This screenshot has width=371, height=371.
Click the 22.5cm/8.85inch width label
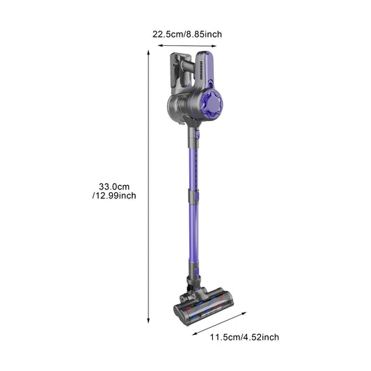click(188, 33)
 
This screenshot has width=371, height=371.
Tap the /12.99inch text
click(113, 196)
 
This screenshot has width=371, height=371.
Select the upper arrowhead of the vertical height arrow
click(149, 52)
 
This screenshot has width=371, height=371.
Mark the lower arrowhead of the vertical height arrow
click(149, 320)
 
